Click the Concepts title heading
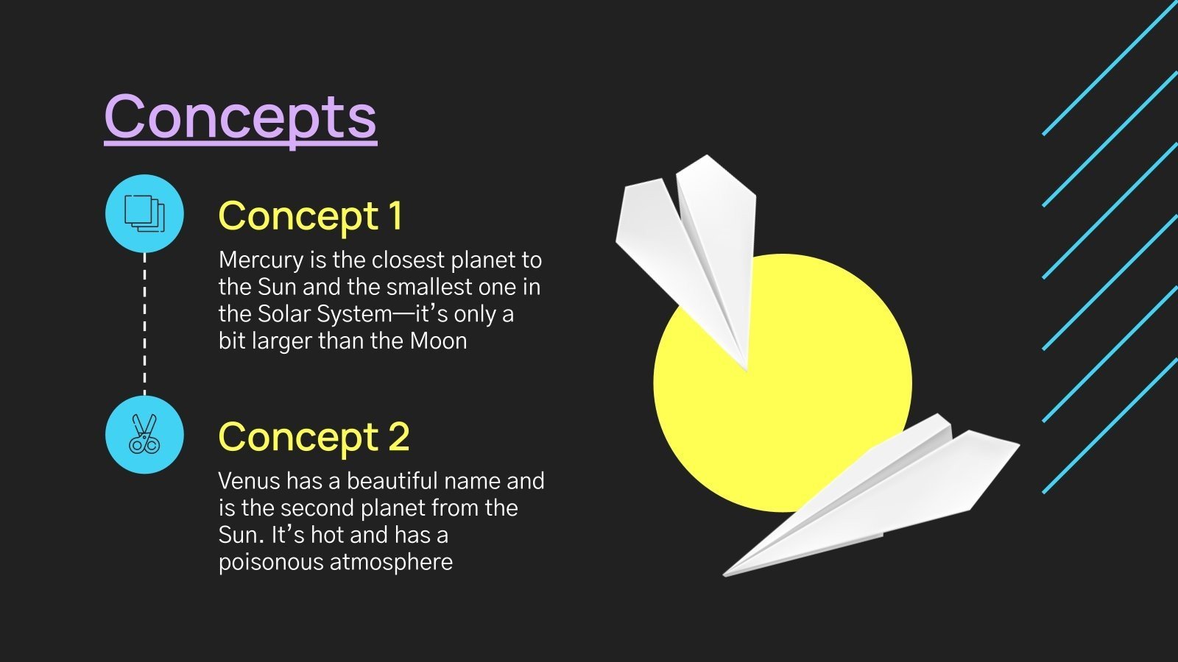[240, 118]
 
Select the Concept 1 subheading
[310, 216]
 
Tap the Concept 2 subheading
[313, 437]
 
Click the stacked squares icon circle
[144, 213]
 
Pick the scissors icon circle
[144, 435]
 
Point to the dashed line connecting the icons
[144, 324]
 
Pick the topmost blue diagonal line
[1112, 66]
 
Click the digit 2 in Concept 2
[398, 437]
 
